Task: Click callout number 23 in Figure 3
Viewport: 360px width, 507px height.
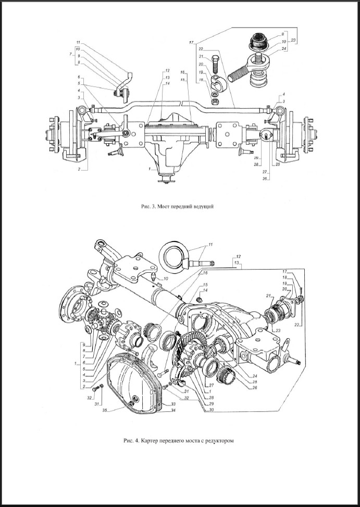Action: tap(293, 41)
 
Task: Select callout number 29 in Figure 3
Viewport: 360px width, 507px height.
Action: tap(257, 157)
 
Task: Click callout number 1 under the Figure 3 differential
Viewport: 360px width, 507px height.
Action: tap(150, 169)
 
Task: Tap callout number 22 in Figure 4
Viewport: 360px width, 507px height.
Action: tap(296, 324)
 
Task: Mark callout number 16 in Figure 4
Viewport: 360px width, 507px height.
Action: tap(205, 272)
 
